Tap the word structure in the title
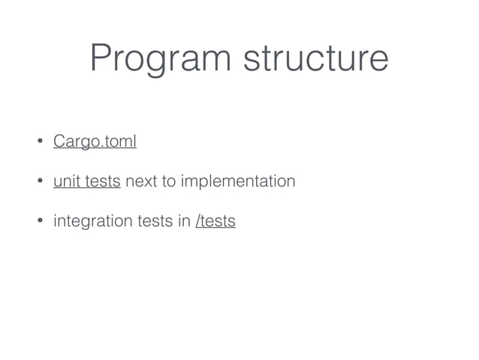point(314,59)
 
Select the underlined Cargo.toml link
point(95,142)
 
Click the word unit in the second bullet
point(65,182)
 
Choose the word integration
point(91,222)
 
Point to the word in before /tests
point(185,222)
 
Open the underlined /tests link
point(215,222)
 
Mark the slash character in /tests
point(197,222)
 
